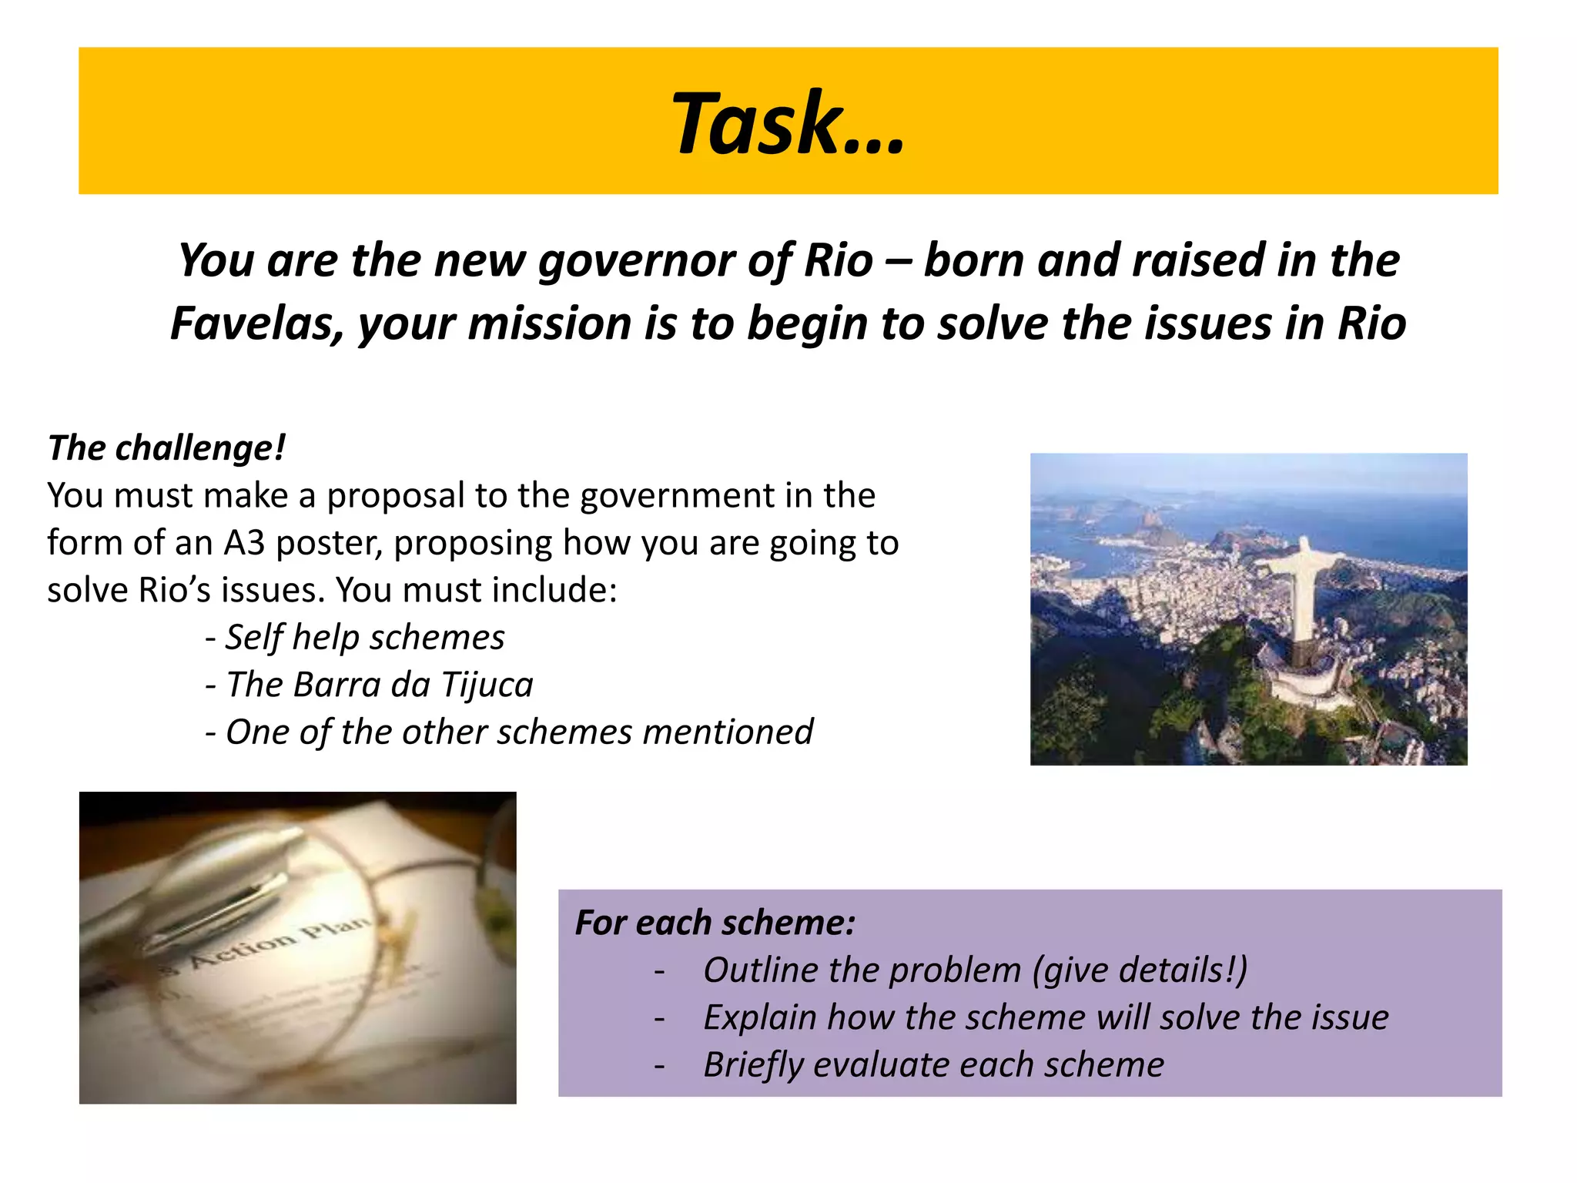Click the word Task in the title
[x=758, y=123]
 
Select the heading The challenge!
[x=166, y=448]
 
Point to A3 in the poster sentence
[x=244, y=543]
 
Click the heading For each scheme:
[x=715, y=923]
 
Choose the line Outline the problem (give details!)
[x=975, y=970]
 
